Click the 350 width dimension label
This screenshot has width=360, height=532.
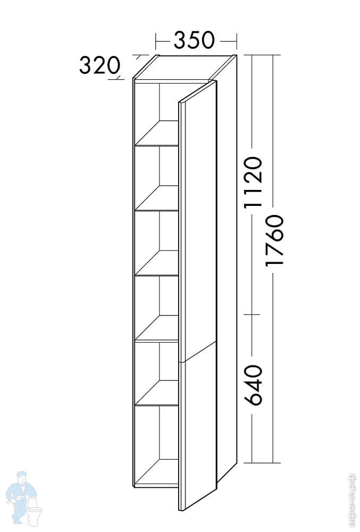coord(195,39)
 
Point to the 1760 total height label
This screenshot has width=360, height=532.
coord(276,242)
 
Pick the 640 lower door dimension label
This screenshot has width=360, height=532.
coord(254,385)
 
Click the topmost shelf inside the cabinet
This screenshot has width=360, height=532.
coord(157,133)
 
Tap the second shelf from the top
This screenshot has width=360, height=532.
coord(157,198)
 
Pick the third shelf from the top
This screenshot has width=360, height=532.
coord(157,263)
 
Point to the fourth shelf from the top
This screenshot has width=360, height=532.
coord(157,328)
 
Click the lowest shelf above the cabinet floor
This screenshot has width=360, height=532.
coord(157,393)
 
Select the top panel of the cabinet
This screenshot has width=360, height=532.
coord(186,66)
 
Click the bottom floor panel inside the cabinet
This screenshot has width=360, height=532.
coord(157,473)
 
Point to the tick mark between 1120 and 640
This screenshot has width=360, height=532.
coord(251,314)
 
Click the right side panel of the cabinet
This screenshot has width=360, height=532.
coord(226,266)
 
